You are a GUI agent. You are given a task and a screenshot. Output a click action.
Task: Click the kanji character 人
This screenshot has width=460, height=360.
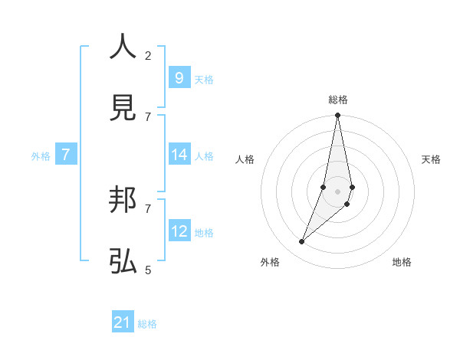click(123, 47)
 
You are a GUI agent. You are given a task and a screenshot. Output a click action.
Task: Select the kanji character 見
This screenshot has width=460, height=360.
click(123, 108)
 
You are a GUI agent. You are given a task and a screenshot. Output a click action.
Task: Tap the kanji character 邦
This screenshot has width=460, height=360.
click(123, 201)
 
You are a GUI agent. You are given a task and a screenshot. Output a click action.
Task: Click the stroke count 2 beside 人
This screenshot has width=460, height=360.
click(148, 55)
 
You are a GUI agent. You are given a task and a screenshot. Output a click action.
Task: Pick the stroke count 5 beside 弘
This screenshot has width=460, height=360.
click(148, 270)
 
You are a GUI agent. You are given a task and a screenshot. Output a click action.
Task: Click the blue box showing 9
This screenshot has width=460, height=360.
click(179, 78)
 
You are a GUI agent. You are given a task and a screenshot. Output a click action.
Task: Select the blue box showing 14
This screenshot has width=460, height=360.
click(179, 155)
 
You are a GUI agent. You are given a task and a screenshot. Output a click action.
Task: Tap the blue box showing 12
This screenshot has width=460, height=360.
click(179, 231)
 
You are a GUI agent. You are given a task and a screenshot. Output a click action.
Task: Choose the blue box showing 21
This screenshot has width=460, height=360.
click(123, 322)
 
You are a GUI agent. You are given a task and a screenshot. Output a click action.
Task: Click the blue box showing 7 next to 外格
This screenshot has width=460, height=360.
click(66, 155)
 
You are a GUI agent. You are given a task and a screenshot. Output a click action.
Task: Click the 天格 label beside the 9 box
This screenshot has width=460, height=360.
click(204, 79)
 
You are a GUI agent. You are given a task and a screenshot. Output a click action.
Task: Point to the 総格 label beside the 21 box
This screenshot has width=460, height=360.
click(147, 324)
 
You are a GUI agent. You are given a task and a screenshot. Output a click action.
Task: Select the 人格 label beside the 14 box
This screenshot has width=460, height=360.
click(204, 155)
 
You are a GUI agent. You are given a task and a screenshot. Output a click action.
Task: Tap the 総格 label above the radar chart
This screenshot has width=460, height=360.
click(337, 100)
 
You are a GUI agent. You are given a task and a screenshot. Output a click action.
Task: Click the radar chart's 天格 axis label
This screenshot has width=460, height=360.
click(431, 159)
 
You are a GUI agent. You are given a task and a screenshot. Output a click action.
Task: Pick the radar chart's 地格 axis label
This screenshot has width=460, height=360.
click(402, 262)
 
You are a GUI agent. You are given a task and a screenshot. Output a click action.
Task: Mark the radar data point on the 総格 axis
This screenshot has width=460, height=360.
click(337, 116)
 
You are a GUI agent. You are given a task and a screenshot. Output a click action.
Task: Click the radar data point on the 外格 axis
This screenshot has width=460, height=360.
click(302, 242)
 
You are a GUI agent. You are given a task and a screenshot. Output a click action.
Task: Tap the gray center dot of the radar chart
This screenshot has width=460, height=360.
click(337, 191)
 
